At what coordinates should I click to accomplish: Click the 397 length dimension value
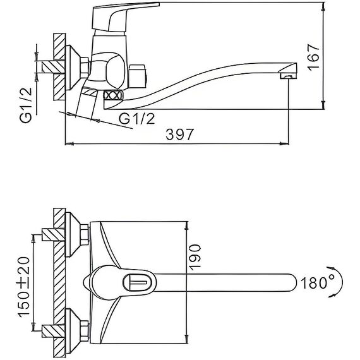point(180,135)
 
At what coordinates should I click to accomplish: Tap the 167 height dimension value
point(313,57)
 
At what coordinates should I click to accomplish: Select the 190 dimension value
point(195,256)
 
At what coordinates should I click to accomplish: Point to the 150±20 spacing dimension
point(24,287)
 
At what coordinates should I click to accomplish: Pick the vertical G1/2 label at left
point(26,105)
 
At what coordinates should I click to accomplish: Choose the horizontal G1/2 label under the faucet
point(137,119)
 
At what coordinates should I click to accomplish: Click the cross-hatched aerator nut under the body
point(112,95)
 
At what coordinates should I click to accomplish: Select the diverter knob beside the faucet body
point(137,76)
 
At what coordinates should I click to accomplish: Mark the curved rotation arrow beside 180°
point(337,282)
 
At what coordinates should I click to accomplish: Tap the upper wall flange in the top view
point(76,234)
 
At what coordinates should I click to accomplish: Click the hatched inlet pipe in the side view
point(53,67)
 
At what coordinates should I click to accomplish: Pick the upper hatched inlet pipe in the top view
point(53,235)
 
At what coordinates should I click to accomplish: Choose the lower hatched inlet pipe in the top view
point(53,331)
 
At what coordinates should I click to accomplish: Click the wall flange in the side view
point(76,68)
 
